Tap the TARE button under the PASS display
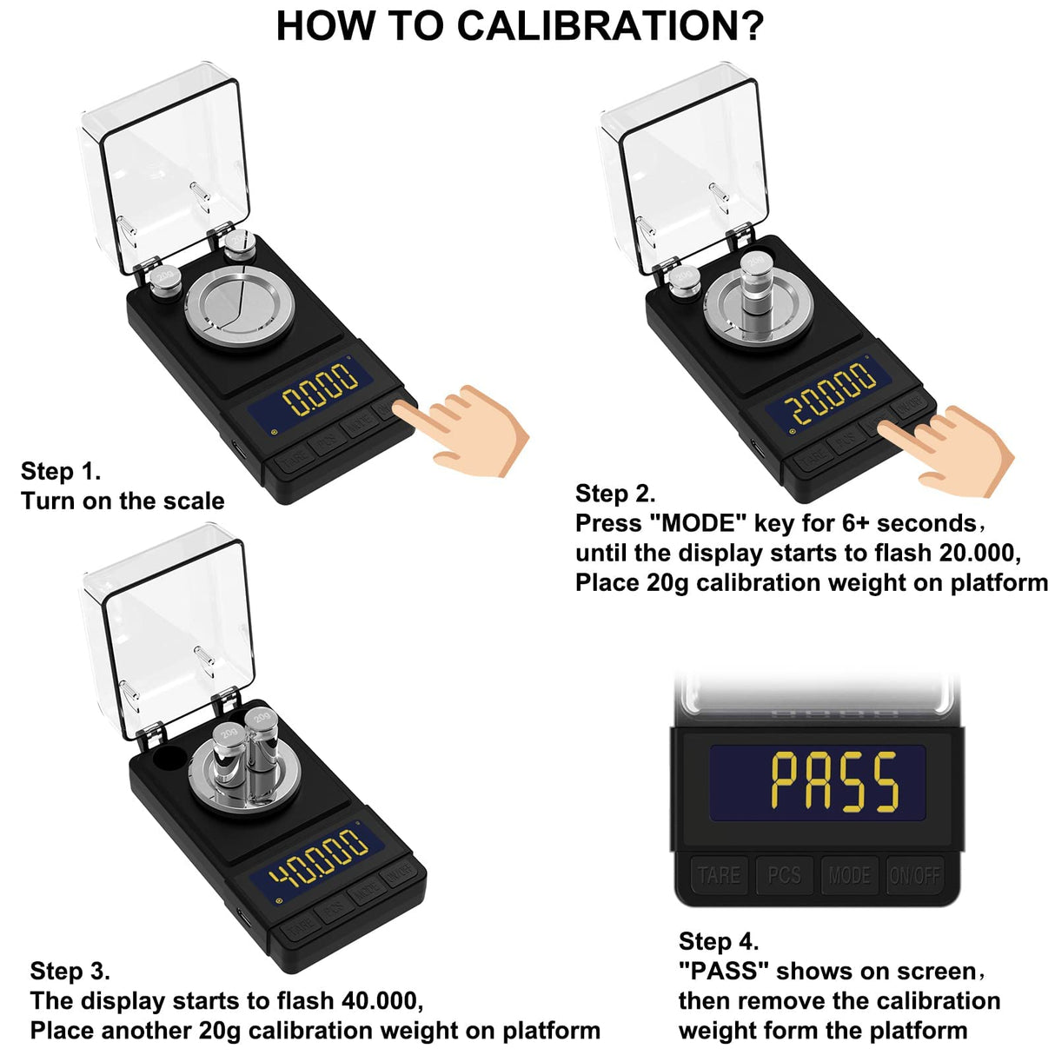pos(719,874)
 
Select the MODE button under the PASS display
pos(849,874)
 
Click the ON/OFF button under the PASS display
pos(914,874)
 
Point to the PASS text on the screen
pos(834,783)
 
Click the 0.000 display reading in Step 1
pos(321,388)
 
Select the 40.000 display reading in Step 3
pos(318,856)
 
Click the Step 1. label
pos(61,471)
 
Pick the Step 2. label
pos(615,494)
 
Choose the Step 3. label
pos(70,971)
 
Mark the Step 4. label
pos(719,941)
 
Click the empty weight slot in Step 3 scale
pos(167,758)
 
